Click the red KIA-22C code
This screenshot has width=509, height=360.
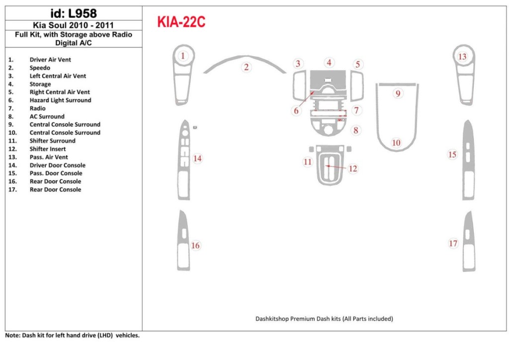(x=181, y=22)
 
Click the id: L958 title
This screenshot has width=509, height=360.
(x=74, y=13)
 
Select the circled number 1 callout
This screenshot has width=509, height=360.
(x=183, y=56)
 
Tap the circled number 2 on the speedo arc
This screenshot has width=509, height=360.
(x=246, y=67)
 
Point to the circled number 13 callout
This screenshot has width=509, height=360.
(x=462, y=56)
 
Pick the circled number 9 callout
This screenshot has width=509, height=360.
(x=398, y=93)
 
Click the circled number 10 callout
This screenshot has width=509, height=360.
(x=396, y=143)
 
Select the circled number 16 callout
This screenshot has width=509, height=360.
(x=195, y=246)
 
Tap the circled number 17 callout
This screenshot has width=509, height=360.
(x=453, y=243)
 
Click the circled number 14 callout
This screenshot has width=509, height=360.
(x=197, y=159)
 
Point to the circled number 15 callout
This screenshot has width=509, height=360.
(x=452, y=155)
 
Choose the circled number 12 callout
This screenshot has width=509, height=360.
(x=353, y=169)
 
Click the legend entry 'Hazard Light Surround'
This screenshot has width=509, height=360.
(x=60, y=100)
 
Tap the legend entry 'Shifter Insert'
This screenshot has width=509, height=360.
(x=48, y=149)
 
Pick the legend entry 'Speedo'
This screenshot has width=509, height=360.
(x=40, y=68)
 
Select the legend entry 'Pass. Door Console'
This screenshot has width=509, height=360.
(x=56, y=174)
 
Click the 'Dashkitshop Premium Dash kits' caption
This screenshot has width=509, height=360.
(x=324, y=319)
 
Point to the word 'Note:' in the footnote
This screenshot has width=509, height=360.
(x=13, y=336)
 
